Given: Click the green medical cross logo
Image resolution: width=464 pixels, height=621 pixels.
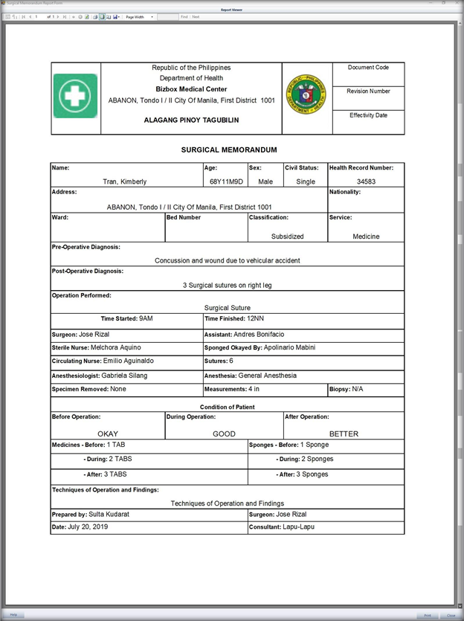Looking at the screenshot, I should pos(75,96).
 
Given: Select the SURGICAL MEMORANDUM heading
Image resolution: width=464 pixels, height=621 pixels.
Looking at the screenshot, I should pos(228,150).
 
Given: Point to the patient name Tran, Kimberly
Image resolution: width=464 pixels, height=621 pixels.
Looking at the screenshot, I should pos(124,181).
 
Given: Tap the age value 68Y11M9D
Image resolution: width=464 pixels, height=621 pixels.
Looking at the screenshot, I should pos(226,181).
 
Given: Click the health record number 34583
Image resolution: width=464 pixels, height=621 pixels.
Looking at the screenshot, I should pos(366,181).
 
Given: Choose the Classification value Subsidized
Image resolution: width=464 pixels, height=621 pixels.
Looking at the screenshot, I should pos(287,237).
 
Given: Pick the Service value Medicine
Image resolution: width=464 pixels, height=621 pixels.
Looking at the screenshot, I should pos(366,237).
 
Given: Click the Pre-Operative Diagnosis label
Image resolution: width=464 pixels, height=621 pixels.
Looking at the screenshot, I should pos(86,247).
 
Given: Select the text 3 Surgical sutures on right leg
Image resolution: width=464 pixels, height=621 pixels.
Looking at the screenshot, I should pos(228,285).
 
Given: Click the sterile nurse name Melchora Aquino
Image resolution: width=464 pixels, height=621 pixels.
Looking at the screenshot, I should pos(115,347).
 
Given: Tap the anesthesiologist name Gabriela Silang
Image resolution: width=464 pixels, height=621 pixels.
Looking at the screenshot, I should pos(124,376).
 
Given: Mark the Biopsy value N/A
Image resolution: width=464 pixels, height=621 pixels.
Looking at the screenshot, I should pos(358,389).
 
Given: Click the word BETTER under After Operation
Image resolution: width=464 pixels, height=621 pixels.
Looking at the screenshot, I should pos(344,434).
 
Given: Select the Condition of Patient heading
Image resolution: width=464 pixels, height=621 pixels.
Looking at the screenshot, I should pos(228,407).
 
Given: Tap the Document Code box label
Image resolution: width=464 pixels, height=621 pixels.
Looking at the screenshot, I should pos(368,68).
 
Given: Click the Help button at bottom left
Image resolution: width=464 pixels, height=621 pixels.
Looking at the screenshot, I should pos(13,615).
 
